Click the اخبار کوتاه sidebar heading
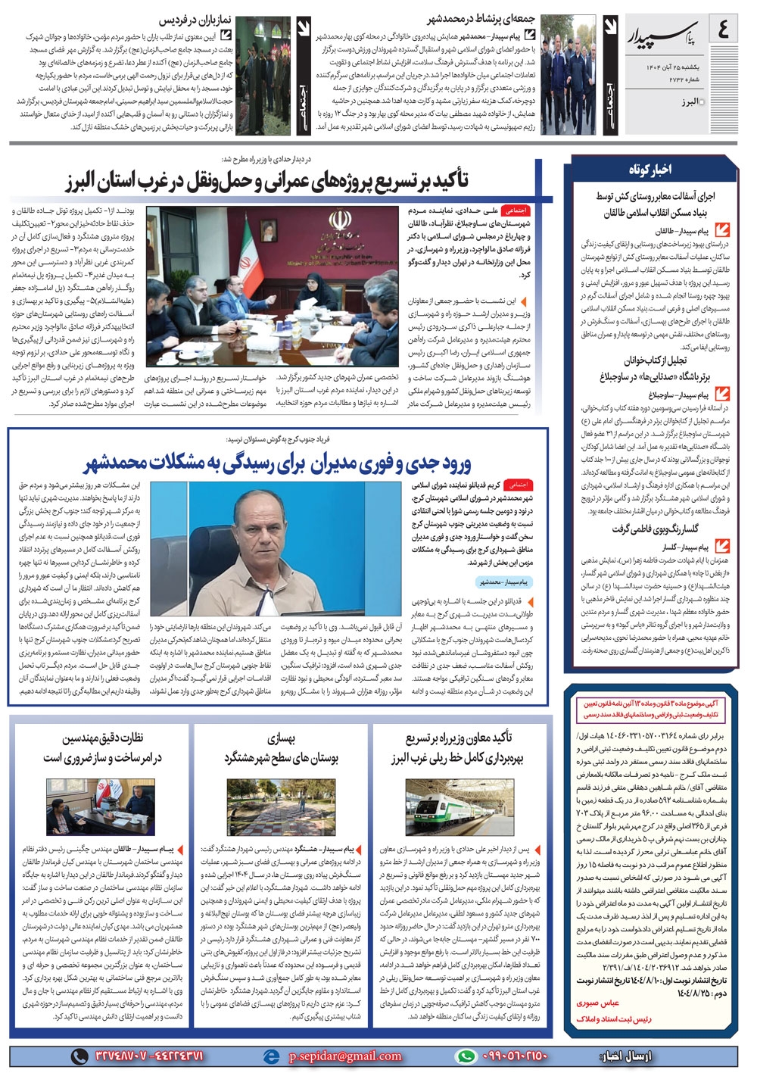tap(649, 170)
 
